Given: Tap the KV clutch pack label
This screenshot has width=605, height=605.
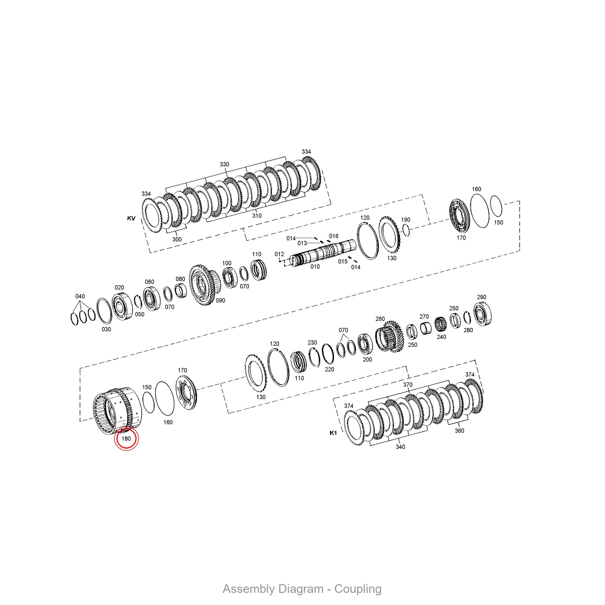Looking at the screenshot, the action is click(131, 218).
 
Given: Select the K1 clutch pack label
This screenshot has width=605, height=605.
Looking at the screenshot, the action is click(333, 433).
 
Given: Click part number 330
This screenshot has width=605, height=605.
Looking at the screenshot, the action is click(224, 164).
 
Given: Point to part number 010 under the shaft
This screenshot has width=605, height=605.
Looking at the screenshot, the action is click(315, 267).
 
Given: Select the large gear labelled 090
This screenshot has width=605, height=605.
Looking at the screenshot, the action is click(205, 285).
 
